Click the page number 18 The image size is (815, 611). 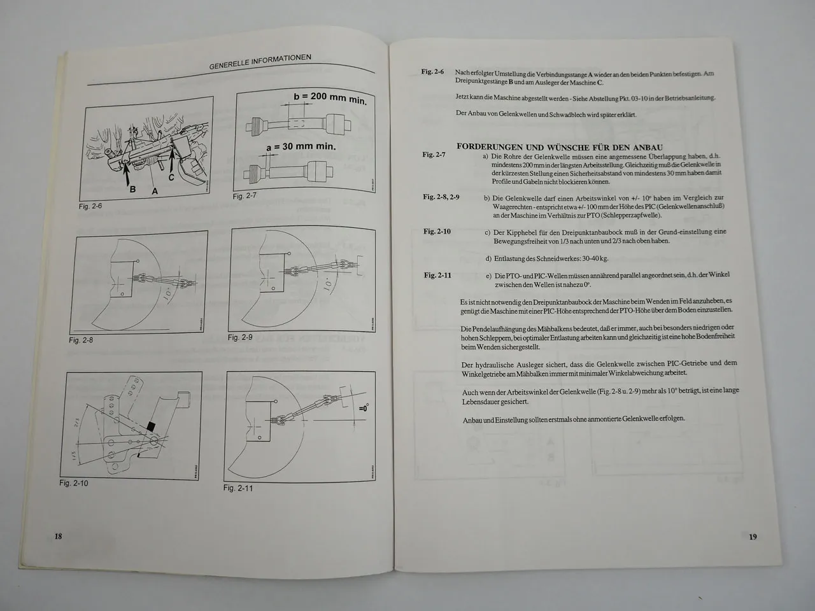point(58,536)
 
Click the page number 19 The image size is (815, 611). point(753,537)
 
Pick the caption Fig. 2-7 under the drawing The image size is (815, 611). point(244,197)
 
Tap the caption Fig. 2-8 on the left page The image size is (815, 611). point(81,340)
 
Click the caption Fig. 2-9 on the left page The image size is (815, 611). point(241,337)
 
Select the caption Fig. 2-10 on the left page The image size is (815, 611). point(74,483)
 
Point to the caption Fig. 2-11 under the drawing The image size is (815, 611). point(238,488)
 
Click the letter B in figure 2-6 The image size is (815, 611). point(132,189)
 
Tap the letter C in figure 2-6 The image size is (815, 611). point(171,178)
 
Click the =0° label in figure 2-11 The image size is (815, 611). point(363,408)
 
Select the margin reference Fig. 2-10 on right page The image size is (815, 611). point(437,231)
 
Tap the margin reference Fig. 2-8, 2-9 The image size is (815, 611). point(441,197)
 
